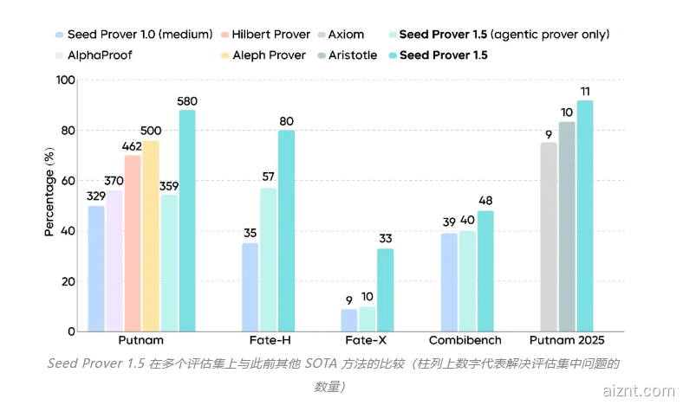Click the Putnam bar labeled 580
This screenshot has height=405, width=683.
tap(187, 221)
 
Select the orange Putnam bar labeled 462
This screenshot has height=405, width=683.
tap(133, 243)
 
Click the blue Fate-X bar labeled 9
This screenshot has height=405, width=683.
tap(348, 320)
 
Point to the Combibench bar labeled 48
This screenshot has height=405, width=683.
tap(485, 271)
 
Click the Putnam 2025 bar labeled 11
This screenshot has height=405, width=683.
tap(585, 216)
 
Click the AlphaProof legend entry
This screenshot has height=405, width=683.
tap(93, 55)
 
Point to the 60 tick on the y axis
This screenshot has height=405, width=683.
tap(67, 181)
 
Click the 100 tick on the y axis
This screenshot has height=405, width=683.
tap(64, 80)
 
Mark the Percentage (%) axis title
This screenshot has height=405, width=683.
tap(49, 192)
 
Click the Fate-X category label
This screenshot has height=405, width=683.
tap(366, 341)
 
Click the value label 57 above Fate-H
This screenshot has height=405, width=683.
tap(268, 177)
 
